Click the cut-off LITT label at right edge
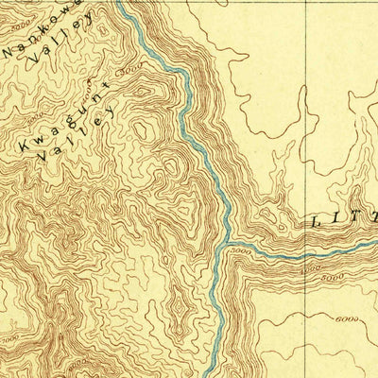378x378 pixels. point(341,219)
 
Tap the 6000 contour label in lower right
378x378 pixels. point(347,321)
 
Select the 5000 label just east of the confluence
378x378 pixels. point(242,251)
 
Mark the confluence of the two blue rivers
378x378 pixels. point(227,248)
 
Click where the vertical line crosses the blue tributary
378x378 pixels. point(307,252)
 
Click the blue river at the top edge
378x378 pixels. point(121,4)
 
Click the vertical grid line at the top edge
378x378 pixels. point(307,3)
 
